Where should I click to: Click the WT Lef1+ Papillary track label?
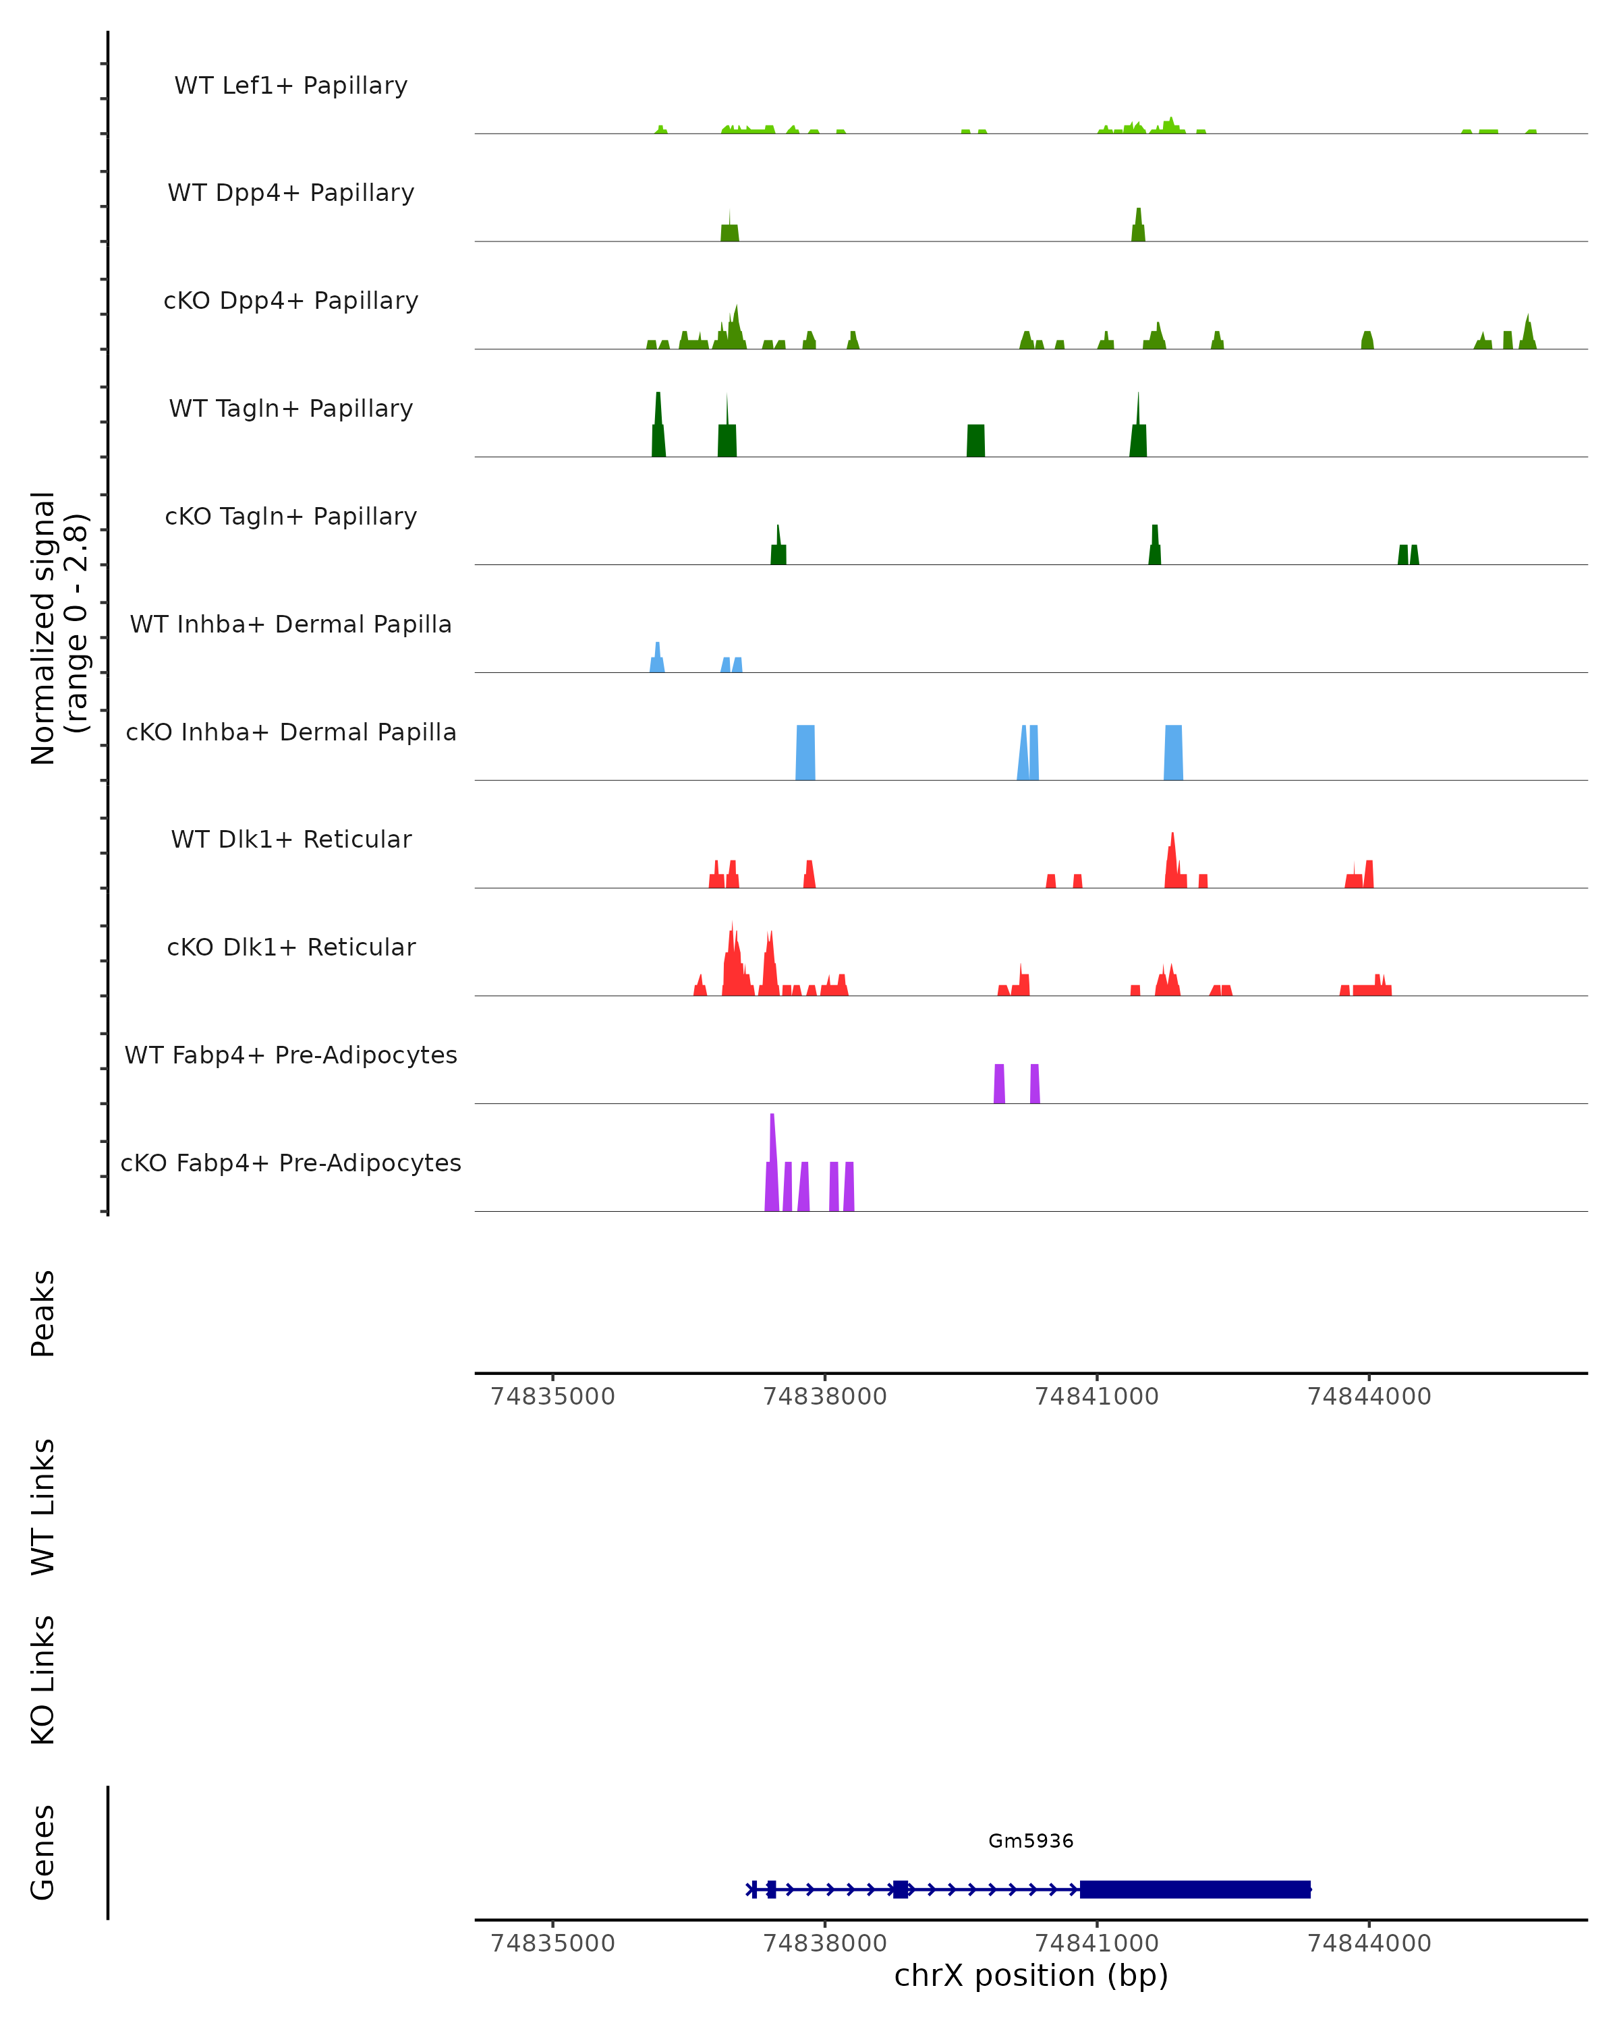[291, 86]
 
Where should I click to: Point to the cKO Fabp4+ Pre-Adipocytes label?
[291, 1163]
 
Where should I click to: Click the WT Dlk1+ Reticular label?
[291, 839]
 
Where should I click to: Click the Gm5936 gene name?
[1031, 1841]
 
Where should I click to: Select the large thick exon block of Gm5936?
[1195, 1889]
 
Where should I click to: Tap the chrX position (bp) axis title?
[1031, 1975]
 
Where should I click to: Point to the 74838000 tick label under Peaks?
[825, 1397]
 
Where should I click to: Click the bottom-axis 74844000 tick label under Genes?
[1369, 1942]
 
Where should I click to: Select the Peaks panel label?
[43, 1314]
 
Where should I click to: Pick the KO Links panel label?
[43, 1680]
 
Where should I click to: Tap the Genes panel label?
[43, 1852]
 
